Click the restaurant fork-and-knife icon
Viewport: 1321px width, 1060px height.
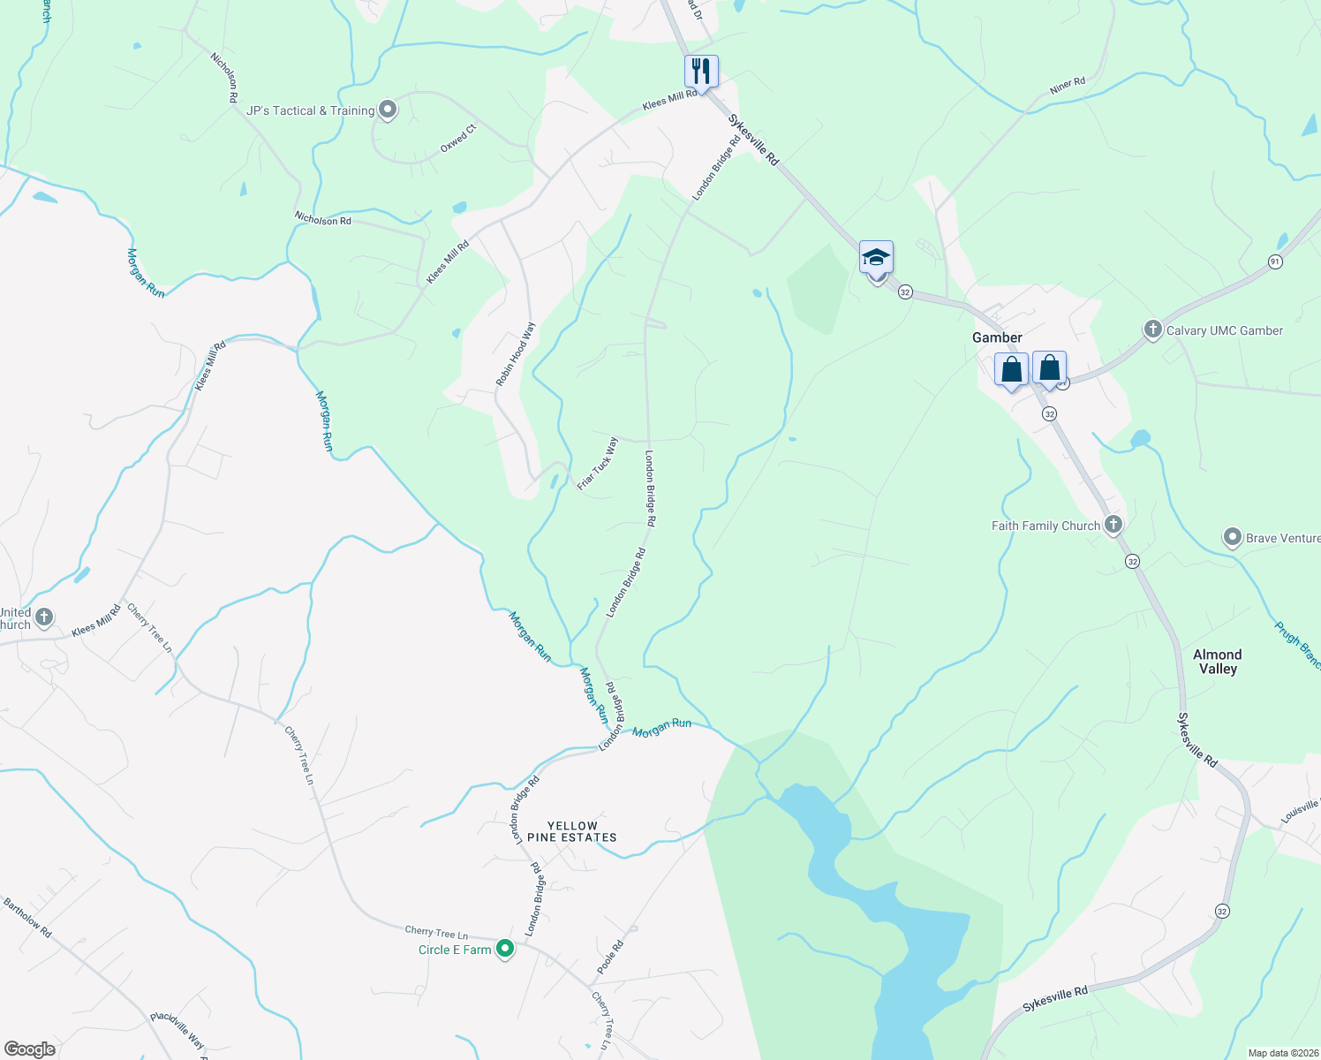pyautogui.click(x=701, y=71)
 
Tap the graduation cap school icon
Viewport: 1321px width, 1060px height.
pyautogui.click(x=876, y=258)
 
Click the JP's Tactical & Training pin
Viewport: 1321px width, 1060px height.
pyautogui.click(x=388, y=110)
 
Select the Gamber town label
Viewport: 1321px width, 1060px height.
pyautogui.click(x=997, y=337)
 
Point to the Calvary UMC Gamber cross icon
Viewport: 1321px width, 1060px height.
pyautogui.click(x=1152, y=330)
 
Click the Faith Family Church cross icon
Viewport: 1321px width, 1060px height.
pyautogui.click(x=1113, y=525)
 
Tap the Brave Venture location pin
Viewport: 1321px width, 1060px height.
pyautogui.click(x=1233, y=537)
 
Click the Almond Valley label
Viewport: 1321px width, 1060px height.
pyautogui.click(x=1218, y=662)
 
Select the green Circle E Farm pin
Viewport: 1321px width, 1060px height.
pyautogui.click(x=505, y=950)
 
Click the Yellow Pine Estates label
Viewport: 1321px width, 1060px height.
pyautogui.click(x=572, y=831)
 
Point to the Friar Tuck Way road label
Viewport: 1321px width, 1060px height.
pyautogui.click(x=598, y=464)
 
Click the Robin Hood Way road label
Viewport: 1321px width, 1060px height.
pyautogui.click(x=516, y=354)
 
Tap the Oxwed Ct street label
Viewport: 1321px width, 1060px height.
pyautogui.click(x=458, y=139)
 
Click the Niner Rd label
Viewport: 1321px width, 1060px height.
pyautogui.click(x=1068, y=86)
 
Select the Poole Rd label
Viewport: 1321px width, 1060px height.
pyautogui.click(x=610, y=957)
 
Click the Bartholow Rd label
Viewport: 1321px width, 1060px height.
pyautogui.click(x=27, y=919)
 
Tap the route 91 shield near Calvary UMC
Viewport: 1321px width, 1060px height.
pyautogui.click(x=1274, y=261)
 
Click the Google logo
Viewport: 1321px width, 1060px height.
pyautogui.click(x=30, y=1049)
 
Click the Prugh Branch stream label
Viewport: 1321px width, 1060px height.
pyautogui.click(x=1297, y=645)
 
